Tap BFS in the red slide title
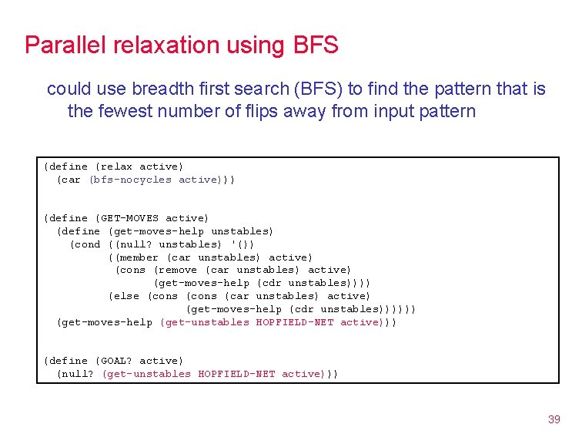[316, 45]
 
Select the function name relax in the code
[116, 166]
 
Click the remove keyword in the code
[179, 270]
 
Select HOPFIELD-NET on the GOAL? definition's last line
[236, 374]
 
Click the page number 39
[554, 419]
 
